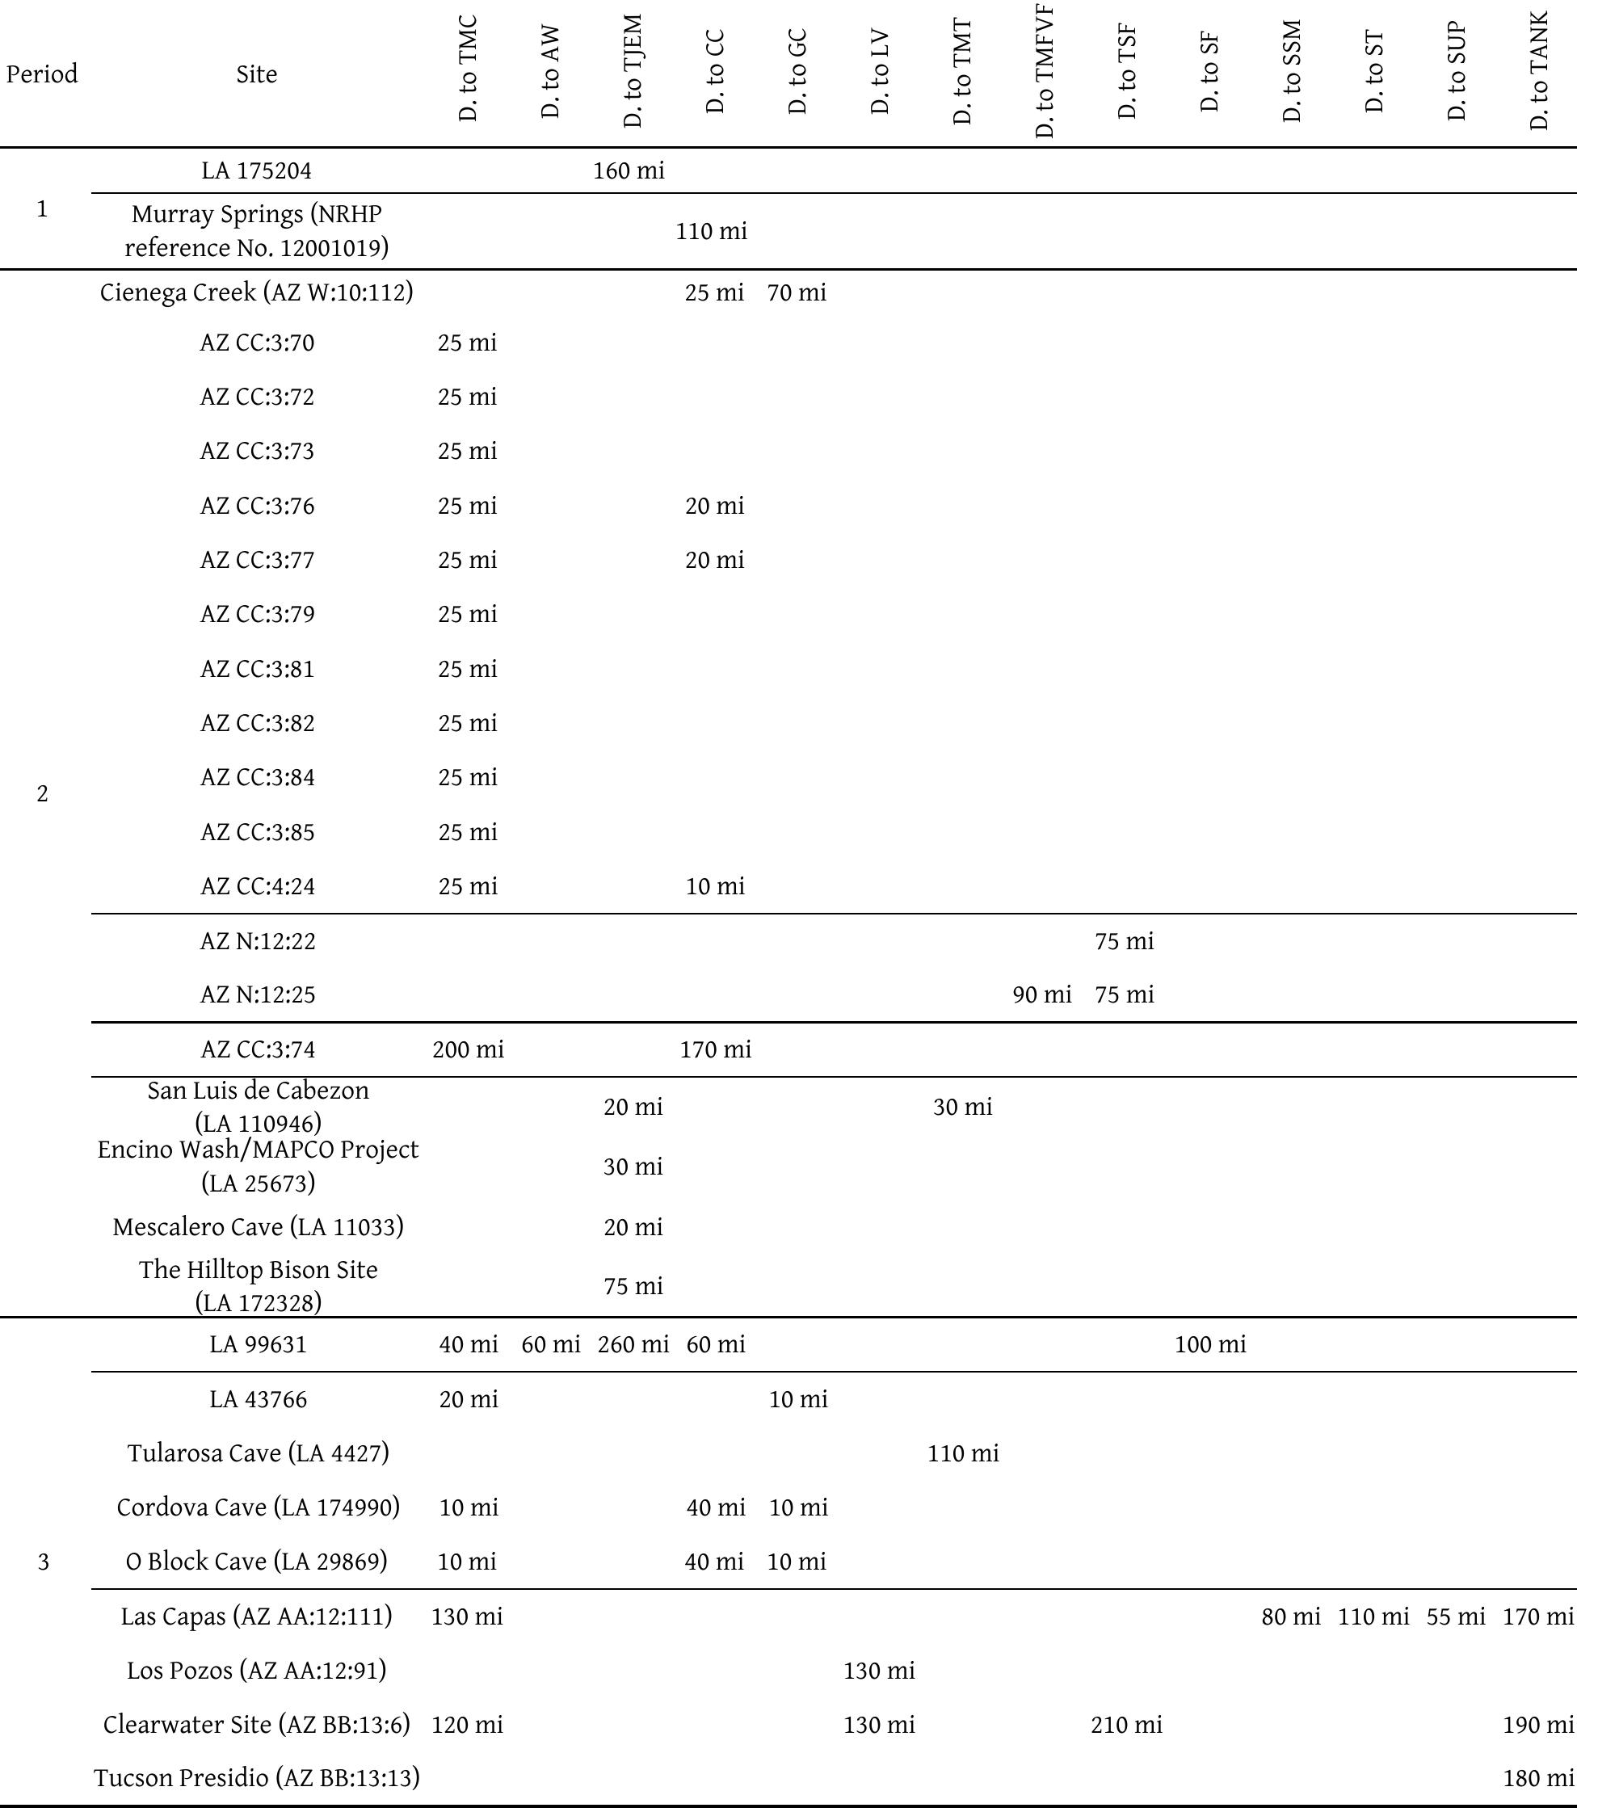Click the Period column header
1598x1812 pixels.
(42, 74)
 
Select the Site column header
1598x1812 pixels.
(256, 74)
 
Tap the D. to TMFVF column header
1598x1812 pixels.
(1045, 71)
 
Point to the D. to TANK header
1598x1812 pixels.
(1540, 71)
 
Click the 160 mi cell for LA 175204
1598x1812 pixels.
(629, 170)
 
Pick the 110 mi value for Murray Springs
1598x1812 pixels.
(711, 231)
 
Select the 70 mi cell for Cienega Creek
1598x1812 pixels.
(797, 292)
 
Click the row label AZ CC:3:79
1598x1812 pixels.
(257, 614)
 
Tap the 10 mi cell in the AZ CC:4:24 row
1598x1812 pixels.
(715, 886)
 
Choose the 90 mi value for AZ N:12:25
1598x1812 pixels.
(1041, 994)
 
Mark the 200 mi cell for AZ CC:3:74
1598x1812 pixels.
(468, 1049)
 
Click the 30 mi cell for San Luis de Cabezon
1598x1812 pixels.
(962, 1107)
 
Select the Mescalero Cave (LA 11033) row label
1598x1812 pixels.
(258, 1227)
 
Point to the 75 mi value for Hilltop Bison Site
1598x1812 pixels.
(633, 1285)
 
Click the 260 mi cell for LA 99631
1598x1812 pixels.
(633, 1345)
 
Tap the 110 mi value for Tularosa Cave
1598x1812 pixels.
(962, 1453)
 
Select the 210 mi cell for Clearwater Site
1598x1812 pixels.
(1125, 1724)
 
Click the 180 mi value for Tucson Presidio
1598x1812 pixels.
(1538, 1777)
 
